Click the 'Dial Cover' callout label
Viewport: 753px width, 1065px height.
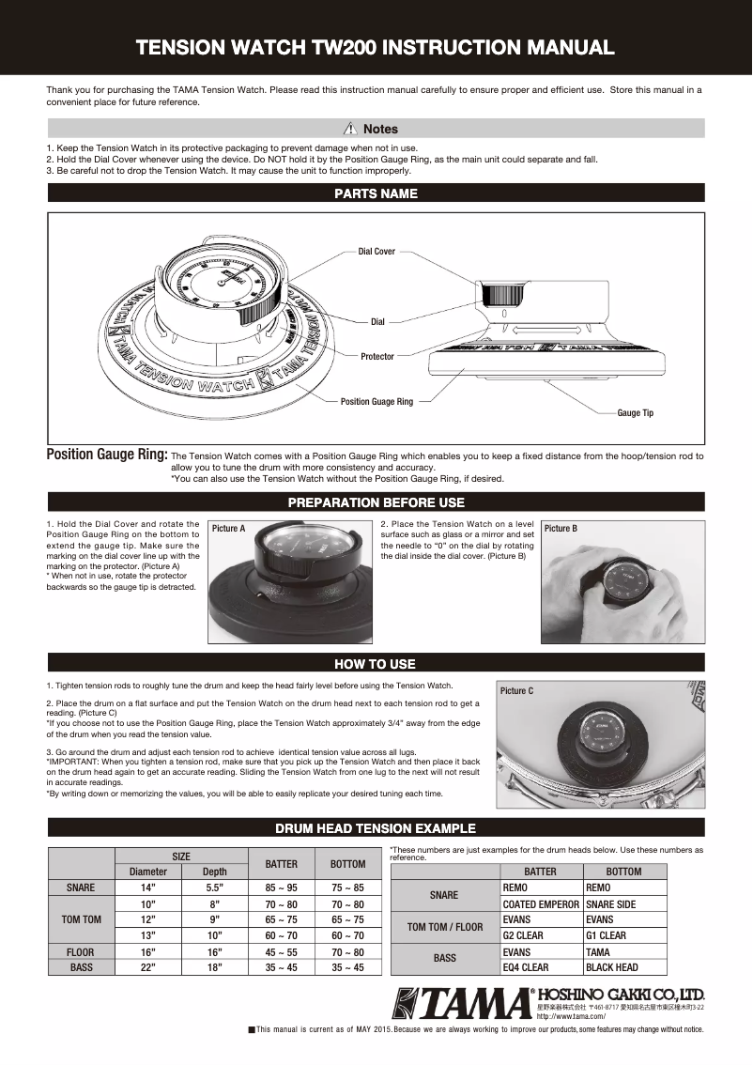[376, 252]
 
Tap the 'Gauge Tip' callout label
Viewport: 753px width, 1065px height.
[635, 413]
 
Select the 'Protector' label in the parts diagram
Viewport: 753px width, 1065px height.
[377, 357]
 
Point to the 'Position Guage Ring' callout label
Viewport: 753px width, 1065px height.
[376, 402]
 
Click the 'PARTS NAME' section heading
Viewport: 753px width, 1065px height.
[376, 194]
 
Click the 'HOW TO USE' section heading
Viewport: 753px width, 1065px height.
[376, 664]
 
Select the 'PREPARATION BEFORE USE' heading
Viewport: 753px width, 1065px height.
[376, 502]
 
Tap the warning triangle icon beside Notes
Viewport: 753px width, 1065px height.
[351, 129]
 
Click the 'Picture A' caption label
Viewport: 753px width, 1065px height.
[229, 529]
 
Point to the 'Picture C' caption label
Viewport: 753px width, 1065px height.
[516, 691]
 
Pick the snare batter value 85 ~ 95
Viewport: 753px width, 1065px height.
[282, 887]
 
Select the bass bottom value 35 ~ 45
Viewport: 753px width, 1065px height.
[347, 967]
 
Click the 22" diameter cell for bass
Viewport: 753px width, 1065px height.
[147, 967]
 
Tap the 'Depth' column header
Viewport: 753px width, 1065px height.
[214, 872]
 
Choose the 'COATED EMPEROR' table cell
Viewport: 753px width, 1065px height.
[541, 904]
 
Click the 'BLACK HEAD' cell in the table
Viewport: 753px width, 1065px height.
[611, 967]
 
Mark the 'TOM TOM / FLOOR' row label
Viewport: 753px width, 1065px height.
[444, 928]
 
